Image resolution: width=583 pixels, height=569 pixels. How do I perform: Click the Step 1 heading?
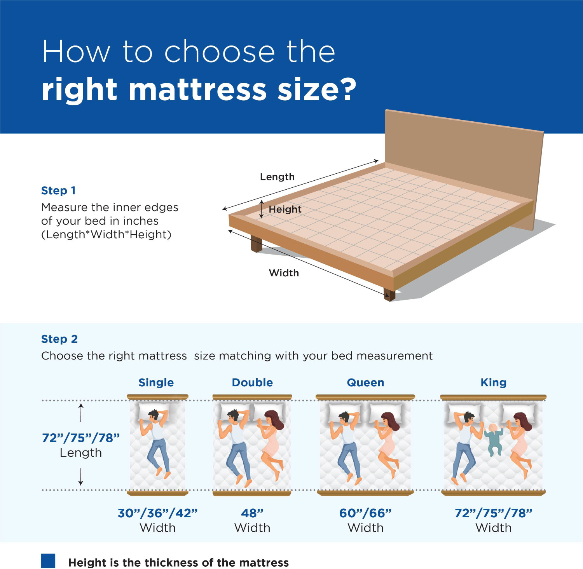point(58,190)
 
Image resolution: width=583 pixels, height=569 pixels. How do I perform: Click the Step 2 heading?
point(59,339)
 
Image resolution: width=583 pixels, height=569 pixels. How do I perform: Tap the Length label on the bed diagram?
point(277,177)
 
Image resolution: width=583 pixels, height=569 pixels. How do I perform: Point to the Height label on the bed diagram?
point(285,209)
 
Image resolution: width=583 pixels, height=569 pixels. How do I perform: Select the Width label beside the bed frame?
point(284,273)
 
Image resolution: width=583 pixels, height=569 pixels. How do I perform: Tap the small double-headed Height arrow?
point(262,209)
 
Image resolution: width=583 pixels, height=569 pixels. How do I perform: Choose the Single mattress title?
point(156,382)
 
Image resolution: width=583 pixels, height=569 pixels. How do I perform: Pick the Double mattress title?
point(252,382)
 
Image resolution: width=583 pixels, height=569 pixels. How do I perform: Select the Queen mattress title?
point(365,382)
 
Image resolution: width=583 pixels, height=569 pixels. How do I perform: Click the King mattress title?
point(493,382)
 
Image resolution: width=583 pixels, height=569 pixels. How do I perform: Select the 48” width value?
point(252,513)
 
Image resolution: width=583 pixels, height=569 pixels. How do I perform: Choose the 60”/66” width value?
point(365,513)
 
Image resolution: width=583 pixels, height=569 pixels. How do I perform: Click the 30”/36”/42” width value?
point(157,513)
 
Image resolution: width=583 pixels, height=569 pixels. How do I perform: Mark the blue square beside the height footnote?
point(48,561)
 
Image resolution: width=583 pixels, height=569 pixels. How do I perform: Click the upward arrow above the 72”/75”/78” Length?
point(81,412)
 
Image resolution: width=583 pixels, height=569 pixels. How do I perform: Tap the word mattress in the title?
point(197,89)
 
